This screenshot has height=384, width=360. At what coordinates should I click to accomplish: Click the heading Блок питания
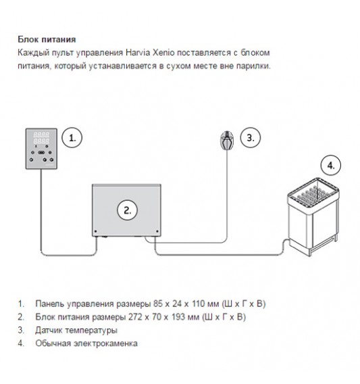[x=47, y=39]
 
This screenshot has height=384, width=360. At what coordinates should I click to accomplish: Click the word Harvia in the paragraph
[x=138, y=53]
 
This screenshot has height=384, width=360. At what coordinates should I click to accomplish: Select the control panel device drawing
[x=41, y=149]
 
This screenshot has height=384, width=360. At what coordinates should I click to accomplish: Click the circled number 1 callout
[x=72, y=138]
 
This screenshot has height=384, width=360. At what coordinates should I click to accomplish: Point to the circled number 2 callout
[x=127, y=210]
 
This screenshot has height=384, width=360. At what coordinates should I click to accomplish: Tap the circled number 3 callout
[x=250, y=137]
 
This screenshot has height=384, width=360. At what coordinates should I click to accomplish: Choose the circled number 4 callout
[x=331, y=166]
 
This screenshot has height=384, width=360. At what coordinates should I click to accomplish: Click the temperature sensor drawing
[x=227, y=141]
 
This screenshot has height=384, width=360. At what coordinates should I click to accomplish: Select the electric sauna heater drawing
[x=314, y=217]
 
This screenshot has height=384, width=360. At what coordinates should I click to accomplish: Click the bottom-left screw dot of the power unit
[x=96, y=231]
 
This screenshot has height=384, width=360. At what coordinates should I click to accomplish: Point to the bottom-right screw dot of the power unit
[x=157, y=231]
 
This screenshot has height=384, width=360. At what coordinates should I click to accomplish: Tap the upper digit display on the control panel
[x=41, y=135]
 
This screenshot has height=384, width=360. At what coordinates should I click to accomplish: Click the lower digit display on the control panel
[x=41, y=141]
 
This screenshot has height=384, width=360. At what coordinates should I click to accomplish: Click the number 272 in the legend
[x=135, y=317]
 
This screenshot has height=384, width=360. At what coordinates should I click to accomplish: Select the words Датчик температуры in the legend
[x=76, y=331]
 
